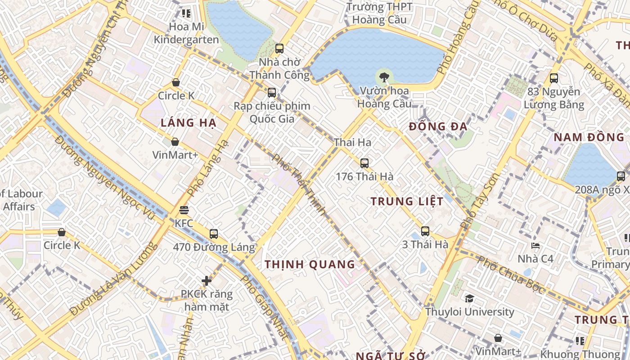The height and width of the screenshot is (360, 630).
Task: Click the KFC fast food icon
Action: (x=184, y=210)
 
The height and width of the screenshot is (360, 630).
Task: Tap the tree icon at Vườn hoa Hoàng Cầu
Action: (x=384, y=77)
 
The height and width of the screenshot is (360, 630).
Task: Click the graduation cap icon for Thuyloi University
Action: (x=469, y=299)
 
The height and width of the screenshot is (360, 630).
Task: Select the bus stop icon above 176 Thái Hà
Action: (x=364, y=163)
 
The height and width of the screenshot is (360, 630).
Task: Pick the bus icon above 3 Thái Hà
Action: (x=425, y=231)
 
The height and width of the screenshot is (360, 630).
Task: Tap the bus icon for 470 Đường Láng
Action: (x=213, y=234)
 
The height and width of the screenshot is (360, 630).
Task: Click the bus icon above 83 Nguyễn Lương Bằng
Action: (x=553, y=78)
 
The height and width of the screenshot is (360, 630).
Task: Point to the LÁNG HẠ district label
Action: (x=189, y=122)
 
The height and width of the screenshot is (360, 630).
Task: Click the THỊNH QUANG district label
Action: (x=310, y=265)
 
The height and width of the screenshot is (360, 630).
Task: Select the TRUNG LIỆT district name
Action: (x=407, y=201)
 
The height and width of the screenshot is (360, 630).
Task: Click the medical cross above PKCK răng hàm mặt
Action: (x=206, y=281)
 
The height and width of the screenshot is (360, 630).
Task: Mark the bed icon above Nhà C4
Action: (x=535, y=246)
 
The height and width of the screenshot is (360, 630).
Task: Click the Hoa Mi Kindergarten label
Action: (x=186, y=33)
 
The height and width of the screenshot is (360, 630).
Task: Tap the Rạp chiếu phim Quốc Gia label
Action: (x=272, y=112)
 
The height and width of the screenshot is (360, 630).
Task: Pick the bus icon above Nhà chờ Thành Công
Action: (x=279, y=48)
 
